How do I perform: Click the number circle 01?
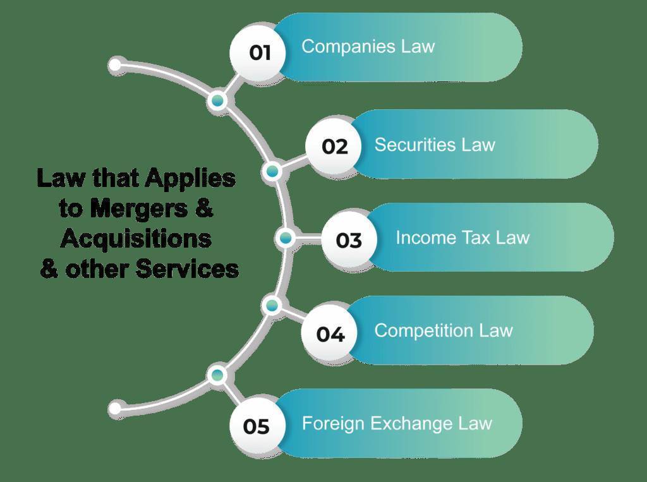(x=259, y=52)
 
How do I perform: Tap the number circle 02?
(x=334, y=147)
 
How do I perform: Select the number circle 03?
(x=349, y=240)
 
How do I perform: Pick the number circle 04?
(x=330, y=334)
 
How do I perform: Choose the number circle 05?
(x=257, y=426)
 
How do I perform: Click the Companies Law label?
(x=368, y=47)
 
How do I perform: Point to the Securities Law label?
(x=435, y=145)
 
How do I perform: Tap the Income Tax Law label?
(x=463, y=238)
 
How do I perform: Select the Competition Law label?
(x=444, y=330)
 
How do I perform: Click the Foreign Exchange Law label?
(x=397, y=423)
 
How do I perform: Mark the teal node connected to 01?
(x=218, y=100)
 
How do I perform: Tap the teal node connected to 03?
(x=286, y=238)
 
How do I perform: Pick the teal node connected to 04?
(x=272, y=306)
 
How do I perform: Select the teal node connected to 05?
(x=218, y=375)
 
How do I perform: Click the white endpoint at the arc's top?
(x=115, y=65)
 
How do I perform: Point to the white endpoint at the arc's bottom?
(x=115, y=409)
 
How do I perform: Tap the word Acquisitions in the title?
(x=136, y=239)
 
